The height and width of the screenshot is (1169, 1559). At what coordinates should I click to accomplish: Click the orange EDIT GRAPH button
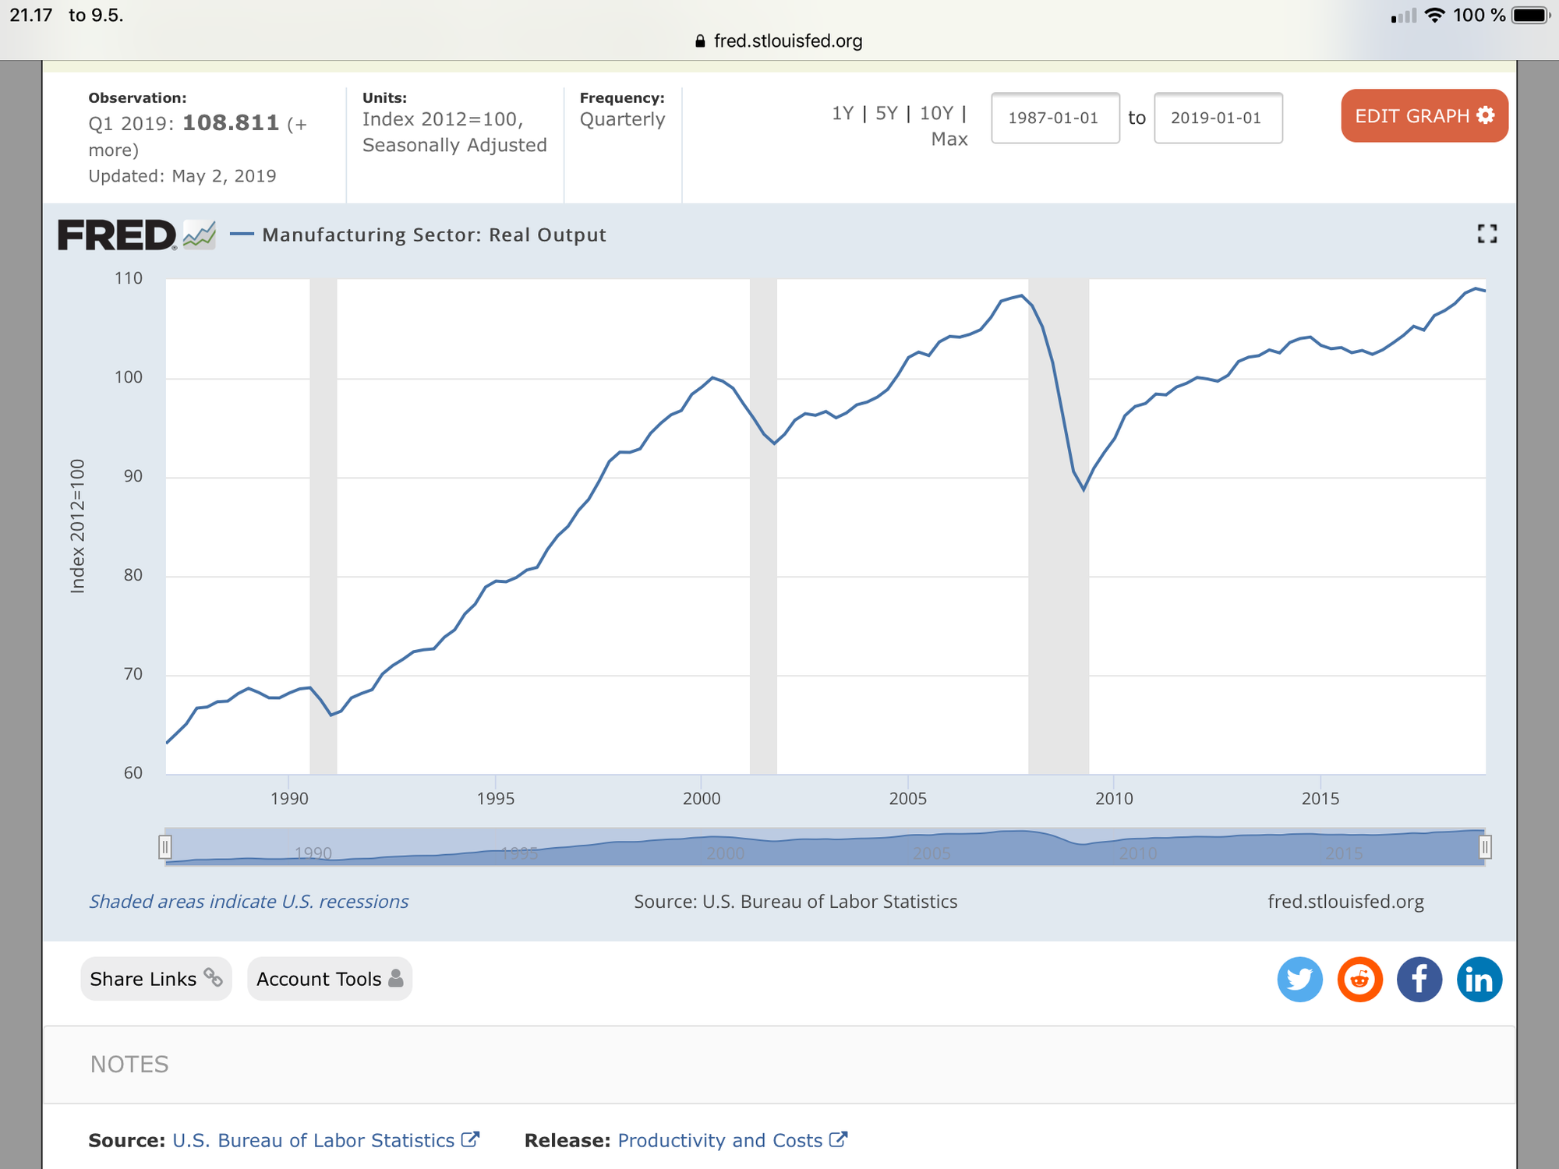1424,116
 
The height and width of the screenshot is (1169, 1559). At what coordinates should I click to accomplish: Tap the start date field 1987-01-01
1055,118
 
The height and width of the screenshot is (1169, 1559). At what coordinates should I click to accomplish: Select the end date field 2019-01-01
1218,118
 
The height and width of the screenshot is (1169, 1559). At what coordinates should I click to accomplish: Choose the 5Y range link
886,114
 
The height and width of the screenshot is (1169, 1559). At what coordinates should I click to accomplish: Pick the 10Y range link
936,114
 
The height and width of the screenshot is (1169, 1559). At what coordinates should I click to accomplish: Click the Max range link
949,140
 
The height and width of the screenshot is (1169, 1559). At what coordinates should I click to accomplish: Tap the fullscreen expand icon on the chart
1487,234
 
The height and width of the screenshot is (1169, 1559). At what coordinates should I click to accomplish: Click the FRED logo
117,235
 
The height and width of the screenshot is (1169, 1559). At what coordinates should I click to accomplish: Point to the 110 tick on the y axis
129,278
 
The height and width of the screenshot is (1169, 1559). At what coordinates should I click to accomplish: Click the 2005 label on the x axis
907,799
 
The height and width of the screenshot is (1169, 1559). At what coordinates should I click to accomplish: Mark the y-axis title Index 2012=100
77,526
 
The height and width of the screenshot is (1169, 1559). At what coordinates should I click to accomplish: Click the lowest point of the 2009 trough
1084,489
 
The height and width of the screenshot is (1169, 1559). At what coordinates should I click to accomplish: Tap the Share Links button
156,979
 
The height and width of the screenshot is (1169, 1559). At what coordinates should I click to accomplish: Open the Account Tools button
330,979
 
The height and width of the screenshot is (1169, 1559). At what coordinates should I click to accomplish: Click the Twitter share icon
1299,980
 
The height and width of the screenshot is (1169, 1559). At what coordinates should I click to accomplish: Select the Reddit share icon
1359,980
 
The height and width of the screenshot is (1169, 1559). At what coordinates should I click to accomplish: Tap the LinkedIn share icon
1479,980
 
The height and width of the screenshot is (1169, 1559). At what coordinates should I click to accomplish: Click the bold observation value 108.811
231,123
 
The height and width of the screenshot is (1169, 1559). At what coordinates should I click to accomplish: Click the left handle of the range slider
164,847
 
